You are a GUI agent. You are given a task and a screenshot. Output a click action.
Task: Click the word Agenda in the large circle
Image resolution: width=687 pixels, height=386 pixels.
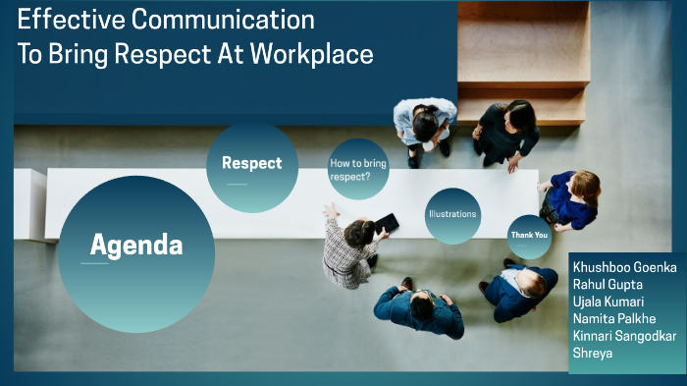pyautogui.click(x=136, y=246)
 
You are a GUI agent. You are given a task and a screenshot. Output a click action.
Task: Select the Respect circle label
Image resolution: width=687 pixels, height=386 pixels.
pyautogui.click(x=251, y=164)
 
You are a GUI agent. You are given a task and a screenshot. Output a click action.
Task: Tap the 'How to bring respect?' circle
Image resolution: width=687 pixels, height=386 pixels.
pyautogui.click(x=357, y=170)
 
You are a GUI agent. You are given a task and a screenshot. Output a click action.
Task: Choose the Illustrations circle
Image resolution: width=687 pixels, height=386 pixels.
pyautogui.click(x=452, y=214)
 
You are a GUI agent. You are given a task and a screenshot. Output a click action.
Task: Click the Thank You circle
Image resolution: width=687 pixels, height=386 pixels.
pyautogui.click(x=529, y=236)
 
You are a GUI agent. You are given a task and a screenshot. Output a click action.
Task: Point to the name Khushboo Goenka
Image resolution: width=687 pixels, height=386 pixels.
pyautogui.click(x=624, y=267)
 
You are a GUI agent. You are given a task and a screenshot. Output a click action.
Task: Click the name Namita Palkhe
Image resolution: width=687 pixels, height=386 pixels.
pyautogui.click(x=613, y=318)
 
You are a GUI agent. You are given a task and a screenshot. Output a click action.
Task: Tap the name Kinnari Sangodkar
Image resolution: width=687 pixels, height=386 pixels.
pyautogui.click(x=624, y=336)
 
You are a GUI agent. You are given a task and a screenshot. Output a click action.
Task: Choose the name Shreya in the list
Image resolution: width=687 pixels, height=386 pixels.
pyautogui.click(x=592, y=353)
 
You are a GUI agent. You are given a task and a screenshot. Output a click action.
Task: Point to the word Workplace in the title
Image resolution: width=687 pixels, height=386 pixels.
pyautogui.click(x=313, y=54)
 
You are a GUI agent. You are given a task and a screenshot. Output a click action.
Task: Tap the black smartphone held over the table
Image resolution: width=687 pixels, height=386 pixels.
pyautogui.click(x=387, y=224)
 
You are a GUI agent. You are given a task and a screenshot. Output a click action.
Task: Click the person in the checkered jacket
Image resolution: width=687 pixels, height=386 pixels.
pyautogui.click(x=349, y=250)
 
